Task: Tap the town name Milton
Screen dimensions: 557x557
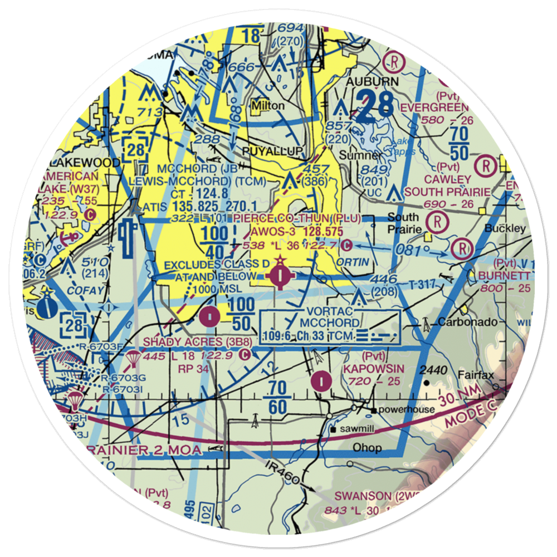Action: tap(268, 105)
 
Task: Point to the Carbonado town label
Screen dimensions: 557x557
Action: tap(460, 322)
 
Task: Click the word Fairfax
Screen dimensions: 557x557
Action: tap(477, 375)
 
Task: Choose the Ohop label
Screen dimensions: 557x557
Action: tap(367, 447)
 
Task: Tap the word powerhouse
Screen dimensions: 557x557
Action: tap(407, 410)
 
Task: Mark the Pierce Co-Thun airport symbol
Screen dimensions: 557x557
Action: tap(280, 275)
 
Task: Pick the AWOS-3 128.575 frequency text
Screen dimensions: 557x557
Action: tap(297, 230)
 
